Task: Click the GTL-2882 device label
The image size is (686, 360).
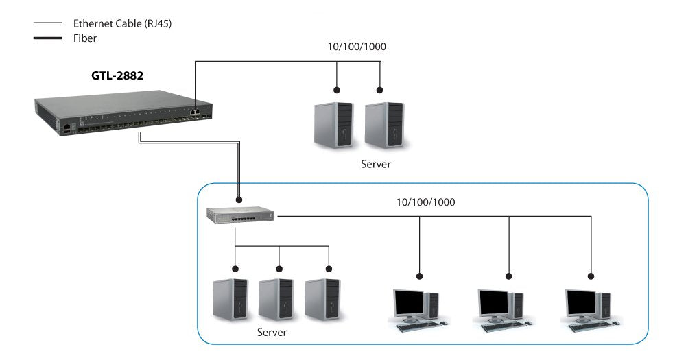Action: pyautogui.click(x=117, y=76)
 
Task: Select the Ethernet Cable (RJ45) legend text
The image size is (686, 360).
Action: pyautogui.click(x=122, y=23)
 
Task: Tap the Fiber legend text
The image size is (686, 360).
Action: pyautogui.click(x=85, y=38)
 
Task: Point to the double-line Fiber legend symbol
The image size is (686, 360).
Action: pyautogui.click(x=47, y=39)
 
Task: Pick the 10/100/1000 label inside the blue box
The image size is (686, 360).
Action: pyautogui.click(x=425, y=202)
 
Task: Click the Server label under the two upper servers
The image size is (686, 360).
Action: pyautogui.click(x=376, y=165)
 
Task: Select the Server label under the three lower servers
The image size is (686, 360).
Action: pyautogui.click(x=272, y=333)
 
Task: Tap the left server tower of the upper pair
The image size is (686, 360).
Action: pyautogui.click(x=333, y=125)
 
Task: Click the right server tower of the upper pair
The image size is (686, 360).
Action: pyautogui.click(x=385, y=125)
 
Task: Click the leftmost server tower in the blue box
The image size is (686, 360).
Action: pyautogui.click(x=230, y=300)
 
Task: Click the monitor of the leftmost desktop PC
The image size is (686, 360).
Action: pyautogui.click(x=409, y=302)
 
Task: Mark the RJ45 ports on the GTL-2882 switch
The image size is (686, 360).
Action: pyautogui.click(x=196, y=108)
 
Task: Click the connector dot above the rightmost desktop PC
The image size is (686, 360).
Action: pyautogui.click(x=591, y=276)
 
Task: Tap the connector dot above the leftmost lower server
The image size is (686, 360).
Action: pyautogui.click(x=235, y=268)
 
